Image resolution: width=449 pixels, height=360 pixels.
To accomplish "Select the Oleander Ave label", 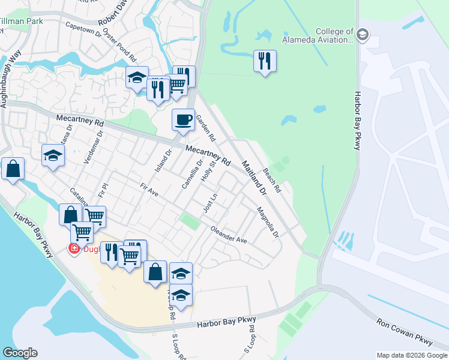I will [x=229, y=235].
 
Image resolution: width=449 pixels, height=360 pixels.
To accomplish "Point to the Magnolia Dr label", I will [x=268, y=222].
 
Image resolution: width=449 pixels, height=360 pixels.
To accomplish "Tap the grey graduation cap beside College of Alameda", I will [x=363, y=35].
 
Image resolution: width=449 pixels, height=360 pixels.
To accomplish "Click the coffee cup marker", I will [x=183, y=119].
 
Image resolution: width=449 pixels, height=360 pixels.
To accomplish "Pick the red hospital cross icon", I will [x=74, y=248].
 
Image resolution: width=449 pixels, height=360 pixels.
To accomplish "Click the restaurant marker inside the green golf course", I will [x=264, y=61].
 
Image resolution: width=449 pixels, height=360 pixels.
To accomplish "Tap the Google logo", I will [x=20, y=353].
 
